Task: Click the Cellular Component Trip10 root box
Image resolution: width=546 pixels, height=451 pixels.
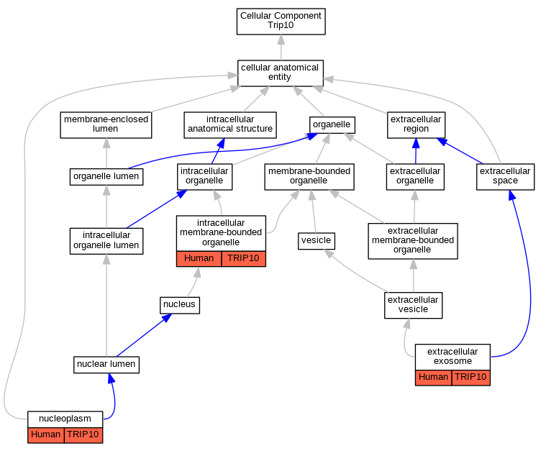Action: [281, 22]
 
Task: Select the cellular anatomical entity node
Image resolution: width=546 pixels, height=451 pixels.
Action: [281, 73]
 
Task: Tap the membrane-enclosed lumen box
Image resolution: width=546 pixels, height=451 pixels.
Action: [106, 125]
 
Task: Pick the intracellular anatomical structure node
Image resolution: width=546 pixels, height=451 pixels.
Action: [230, 125]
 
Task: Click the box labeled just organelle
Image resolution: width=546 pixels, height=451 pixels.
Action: [332, 125]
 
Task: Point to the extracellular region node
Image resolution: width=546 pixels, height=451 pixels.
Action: [416, 125]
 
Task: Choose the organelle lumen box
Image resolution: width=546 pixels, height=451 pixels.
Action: [106, 177]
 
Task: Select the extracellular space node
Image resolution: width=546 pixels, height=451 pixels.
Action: [505, 177]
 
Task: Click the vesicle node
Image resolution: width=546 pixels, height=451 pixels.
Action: [317, 241]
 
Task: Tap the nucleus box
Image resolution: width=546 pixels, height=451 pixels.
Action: [180, 305]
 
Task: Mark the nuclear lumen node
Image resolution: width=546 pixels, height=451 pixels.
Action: [106, 365]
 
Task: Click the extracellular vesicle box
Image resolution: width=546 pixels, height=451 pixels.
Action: [414, 306]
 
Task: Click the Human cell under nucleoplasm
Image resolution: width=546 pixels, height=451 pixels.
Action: [46, 435]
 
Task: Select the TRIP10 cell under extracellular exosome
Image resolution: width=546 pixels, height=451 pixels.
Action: [470, 378]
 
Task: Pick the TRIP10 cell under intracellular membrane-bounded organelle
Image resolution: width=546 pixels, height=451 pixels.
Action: [243, 259]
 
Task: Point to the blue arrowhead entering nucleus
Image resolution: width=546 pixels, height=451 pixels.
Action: [167, 318]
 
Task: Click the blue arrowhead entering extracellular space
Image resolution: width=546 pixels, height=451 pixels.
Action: [511, 195]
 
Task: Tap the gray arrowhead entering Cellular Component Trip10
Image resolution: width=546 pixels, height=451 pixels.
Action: [281, 40]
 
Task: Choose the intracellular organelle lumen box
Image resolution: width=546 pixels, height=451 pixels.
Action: [106, 241]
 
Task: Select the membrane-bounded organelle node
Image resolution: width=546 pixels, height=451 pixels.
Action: [309, 177]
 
